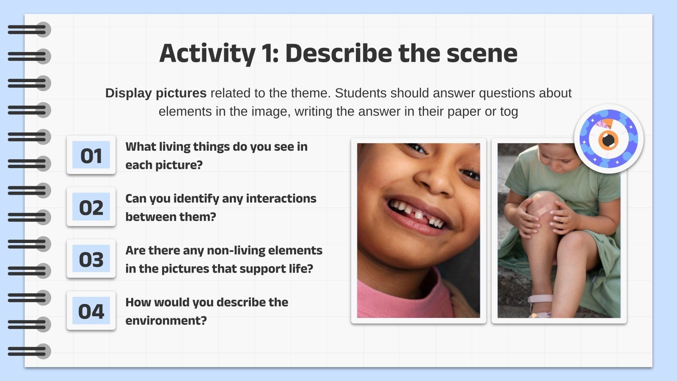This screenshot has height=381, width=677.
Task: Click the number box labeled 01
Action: click(91, 155)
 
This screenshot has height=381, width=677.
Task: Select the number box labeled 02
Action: click(91, 207)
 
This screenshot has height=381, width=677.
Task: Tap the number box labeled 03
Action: click(91, 259)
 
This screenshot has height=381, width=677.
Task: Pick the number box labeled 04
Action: click(91, 311)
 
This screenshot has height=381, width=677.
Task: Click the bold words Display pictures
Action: click(156, 93)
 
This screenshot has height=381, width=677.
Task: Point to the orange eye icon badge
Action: click(608, 139)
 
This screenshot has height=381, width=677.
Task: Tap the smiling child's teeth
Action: click(417, 213)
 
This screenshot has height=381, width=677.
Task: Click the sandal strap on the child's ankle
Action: click(540, 298)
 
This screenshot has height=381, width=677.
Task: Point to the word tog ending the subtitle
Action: click(509, 112)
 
